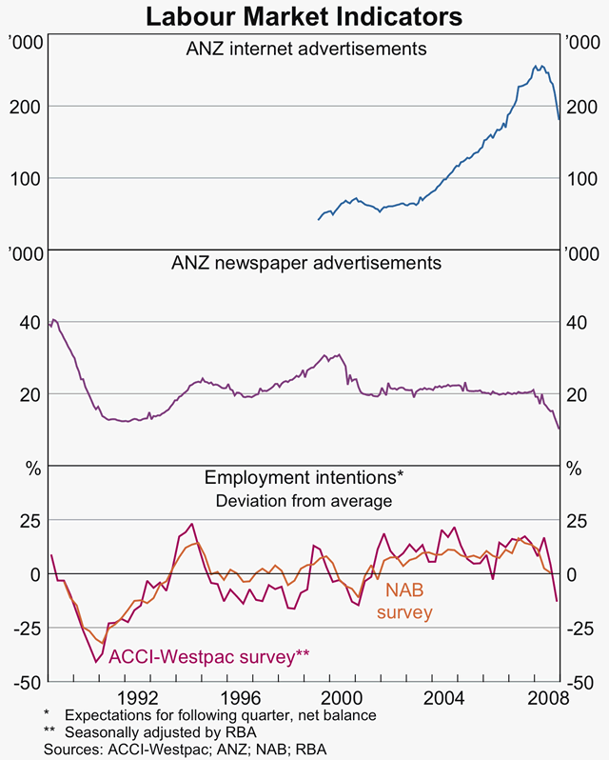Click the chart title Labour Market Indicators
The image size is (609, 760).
coord(304,17)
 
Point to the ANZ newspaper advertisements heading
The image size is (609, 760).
coord(305,262)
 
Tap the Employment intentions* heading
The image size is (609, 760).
coord(305,478)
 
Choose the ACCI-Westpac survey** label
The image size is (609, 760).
coord(209,655)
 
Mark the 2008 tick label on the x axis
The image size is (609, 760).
coord(547,696)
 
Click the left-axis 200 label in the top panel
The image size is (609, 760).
coord(24,106)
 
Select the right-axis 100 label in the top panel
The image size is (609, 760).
coord(582,178)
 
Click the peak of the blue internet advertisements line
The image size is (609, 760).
coord(536,66)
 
